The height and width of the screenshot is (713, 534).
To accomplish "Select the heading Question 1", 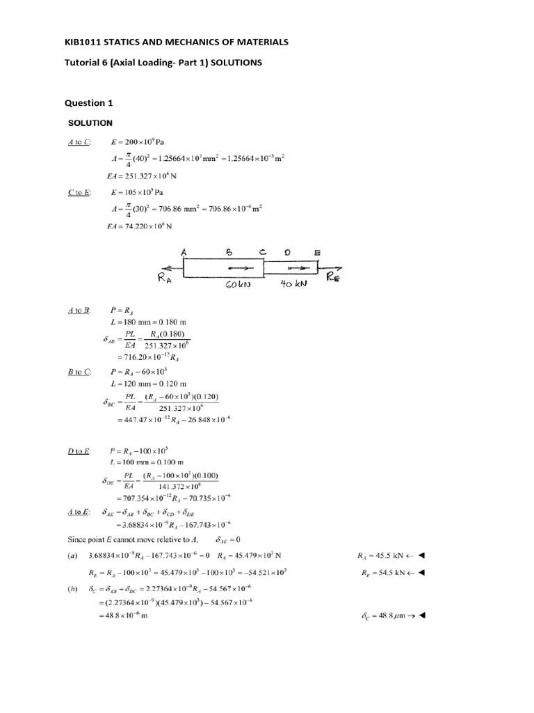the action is click(88, 103).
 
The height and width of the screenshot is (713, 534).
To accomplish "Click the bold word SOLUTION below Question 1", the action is click(90, 123).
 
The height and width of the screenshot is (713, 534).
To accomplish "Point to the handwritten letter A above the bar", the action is click(184, 253).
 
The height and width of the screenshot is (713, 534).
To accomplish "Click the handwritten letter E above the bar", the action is click(318, 253).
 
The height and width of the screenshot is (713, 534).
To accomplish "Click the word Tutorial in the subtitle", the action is click(82, 63).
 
